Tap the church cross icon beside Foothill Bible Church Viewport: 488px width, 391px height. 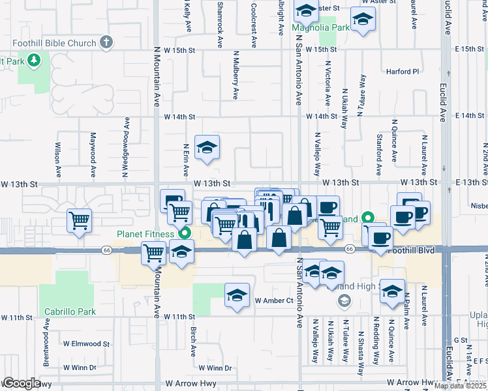click(x=106, y=43)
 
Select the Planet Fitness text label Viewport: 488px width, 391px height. click(x=145, y=234)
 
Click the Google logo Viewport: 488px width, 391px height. click(x=22, y=383)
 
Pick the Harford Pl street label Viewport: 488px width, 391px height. click(x=403, y=72)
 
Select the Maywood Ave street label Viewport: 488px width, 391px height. click(x=93, y=156)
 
